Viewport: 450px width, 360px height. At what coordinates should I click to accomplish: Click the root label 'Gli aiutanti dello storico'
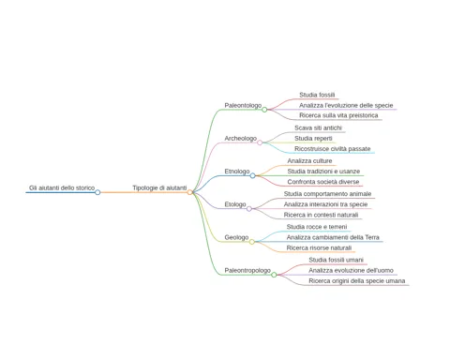62,187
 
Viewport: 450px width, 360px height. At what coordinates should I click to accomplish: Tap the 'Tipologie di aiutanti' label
159,187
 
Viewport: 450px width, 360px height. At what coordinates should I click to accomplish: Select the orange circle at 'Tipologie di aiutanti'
189,192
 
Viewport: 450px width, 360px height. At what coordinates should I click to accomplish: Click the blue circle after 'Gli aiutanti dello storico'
97,192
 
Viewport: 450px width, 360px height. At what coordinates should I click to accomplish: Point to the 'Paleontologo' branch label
243,105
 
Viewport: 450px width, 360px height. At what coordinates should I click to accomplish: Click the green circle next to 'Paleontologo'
264,110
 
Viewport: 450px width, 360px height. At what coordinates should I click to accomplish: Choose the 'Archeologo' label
241,139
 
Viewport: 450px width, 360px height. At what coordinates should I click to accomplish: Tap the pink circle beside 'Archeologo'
260,142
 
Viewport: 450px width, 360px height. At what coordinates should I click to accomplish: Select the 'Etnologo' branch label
237,172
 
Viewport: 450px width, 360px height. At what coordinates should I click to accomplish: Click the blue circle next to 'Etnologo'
252,175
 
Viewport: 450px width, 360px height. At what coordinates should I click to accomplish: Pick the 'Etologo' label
235,204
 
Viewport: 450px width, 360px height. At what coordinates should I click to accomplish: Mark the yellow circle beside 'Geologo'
252,242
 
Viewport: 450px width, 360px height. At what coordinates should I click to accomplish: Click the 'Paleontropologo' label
247,270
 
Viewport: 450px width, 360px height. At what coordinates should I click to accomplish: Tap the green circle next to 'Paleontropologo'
274,275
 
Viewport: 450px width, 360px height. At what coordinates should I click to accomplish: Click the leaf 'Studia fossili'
317,95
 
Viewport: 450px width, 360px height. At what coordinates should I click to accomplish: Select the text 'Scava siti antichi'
318,127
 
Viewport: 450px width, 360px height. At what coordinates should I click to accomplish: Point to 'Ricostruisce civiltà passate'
333,149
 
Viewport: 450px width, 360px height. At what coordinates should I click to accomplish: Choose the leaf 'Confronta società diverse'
323,182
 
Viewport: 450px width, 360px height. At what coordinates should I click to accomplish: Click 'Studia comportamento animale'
327,194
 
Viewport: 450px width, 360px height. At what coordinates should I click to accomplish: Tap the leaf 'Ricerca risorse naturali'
319,247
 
